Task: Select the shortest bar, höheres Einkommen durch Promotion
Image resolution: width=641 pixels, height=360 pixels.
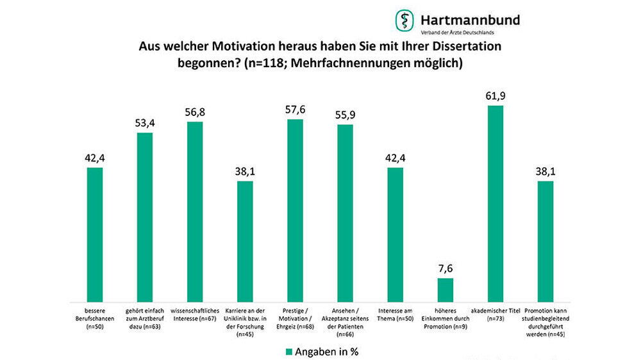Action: pos(445,290)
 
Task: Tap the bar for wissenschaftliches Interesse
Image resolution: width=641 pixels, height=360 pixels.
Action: pos(195,212)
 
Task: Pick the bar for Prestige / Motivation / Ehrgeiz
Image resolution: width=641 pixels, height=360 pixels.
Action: pos(295,211)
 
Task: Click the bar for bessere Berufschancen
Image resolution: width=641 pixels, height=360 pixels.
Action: pos(95,234)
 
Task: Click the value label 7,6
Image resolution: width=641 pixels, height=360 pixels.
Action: pos(445,268)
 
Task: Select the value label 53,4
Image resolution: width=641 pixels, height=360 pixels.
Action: pos(145,123)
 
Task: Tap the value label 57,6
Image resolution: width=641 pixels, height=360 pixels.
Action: pos(295,110)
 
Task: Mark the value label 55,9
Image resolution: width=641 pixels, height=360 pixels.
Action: pos(345,115)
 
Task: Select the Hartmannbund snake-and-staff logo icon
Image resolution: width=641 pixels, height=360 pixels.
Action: pos(404,20)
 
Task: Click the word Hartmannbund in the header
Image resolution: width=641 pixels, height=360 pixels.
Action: pos(470,19)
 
